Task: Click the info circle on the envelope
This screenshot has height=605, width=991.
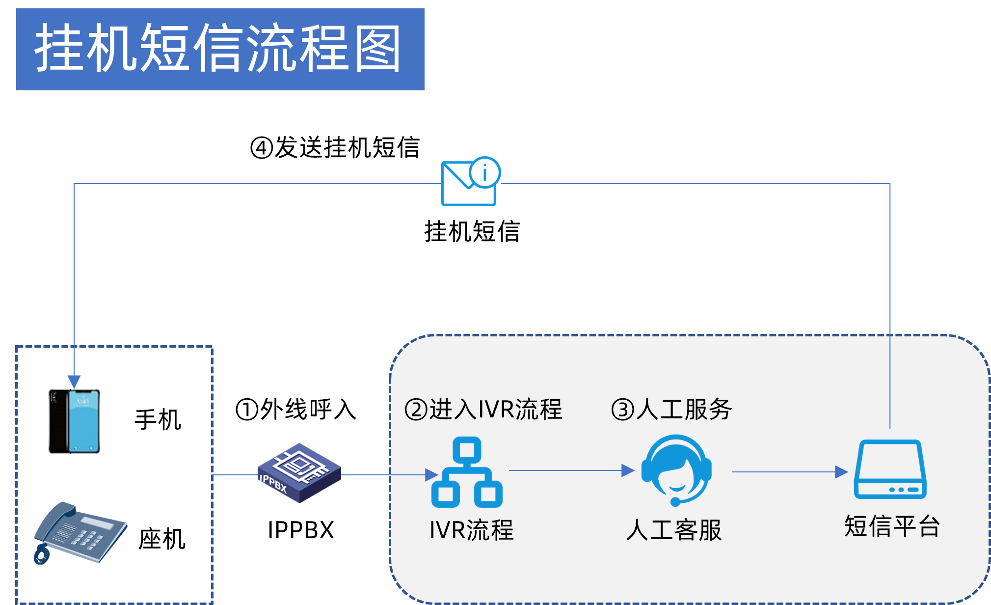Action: tap(484, 172)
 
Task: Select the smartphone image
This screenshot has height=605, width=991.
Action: tap(75, 421)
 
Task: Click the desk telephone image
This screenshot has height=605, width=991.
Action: tap(81, 533)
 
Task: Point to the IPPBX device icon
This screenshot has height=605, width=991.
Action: tap(299, 473)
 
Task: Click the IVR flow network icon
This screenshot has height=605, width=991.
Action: tap(467, 472)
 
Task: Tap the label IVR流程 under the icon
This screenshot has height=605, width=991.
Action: tap(471, 530)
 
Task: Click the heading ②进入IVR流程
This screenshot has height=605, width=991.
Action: tap(483, 410)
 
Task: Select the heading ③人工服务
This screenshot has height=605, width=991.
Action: tap(671, 410)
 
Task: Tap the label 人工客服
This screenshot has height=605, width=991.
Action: tap(674, 530)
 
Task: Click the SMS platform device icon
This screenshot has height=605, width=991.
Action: tap(890, 469)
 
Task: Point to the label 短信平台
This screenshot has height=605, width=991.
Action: tap(891, 526)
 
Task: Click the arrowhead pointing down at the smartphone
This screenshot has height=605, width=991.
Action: tap(74, 382)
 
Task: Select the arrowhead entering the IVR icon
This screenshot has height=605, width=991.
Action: tap(431, 475)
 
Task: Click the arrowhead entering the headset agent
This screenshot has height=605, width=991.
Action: tap(628, 470)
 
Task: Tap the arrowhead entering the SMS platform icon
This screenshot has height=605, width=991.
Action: tap(841, 472)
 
